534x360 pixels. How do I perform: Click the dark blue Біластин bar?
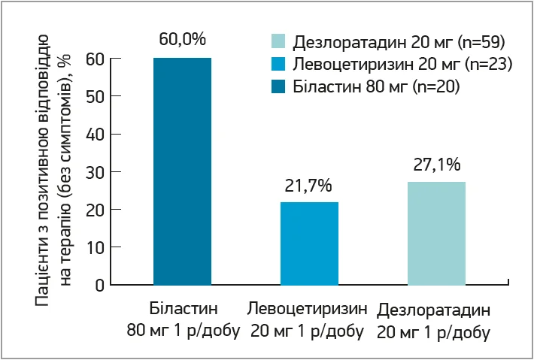tap(182, 171)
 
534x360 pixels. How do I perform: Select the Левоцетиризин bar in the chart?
tap(309, 244)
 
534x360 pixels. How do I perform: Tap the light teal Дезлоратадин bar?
tap(436, 233)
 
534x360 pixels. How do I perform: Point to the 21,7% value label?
tap(308, 185)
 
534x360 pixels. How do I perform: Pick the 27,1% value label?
tap(436, 164)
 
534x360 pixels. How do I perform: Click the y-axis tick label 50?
tap(94, 96)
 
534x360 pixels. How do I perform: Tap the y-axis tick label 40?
tap(94, 134)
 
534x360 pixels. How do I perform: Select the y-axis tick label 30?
tap(94, 171)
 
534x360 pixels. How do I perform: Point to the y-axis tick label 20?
tap(94, 209)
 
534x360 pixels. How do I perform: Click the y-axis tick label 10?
tap(94, 247)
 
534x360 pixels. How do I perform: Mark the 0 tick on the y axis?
tap(98, 285)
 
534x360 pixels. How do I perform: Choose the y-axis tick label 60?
tap(94, 59)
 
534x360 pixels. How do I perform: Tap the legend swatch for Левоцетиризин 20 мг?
tap(277, 64)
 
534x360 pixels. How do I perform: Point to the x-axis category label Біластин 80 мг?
tap(182, 319)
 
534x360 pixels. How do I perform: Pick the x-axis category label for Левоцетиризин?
tap(308, 319)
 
